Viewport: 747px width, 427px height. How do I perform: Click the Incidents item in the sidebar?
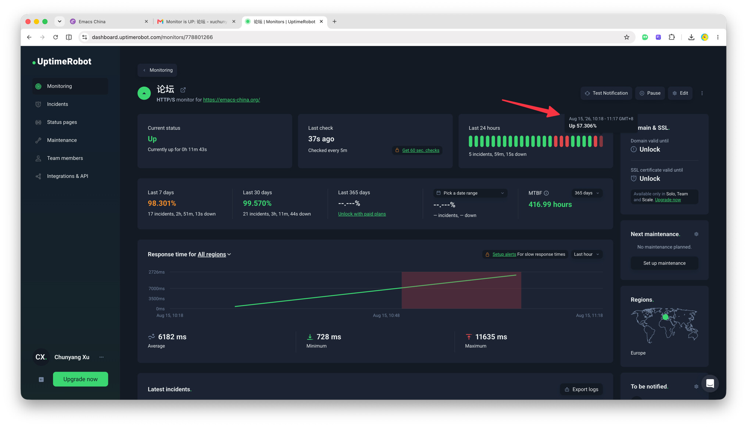coord(57,104)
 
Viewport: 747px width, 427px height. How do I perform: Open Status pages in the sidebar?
coord(62,122)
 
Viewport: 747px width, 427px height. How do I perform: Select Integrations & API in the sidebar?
coord(67,176)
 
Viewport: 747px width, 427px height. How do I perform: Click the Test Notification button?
coord(606,93)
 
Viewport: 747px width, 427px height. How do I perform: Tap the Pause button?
coord(650,93)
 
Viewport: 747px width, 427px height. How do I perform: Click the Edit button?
coord(680,93)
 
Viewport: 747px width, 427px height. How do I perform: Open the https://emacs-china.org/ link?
coord(231,100)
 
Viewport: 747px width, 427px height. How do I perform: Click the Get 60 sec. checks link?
coord(421,150)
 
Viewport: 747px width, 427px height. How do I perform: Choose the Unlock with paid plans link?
coord(362,214)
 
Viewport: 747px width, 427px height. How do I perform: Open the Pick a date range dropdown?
coord(470,193)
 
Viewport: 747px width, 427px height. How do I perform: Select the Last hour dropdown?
coord(586,254)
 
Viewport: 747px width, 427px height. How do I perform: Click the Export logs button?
coord(581,389)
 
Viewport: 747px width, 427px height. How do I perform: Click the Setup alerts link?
coord(504,254)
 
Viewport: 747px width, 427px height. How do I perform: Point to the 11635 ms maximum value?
coord(491,337)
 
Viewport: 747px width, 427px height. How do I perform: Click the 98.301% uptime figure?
coord(162,203)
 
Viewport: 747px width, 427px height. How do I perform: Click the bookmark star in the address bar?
coord(626,37)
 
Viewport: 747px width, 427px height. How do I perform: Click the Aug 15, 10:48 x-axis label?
coord(386,315)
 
